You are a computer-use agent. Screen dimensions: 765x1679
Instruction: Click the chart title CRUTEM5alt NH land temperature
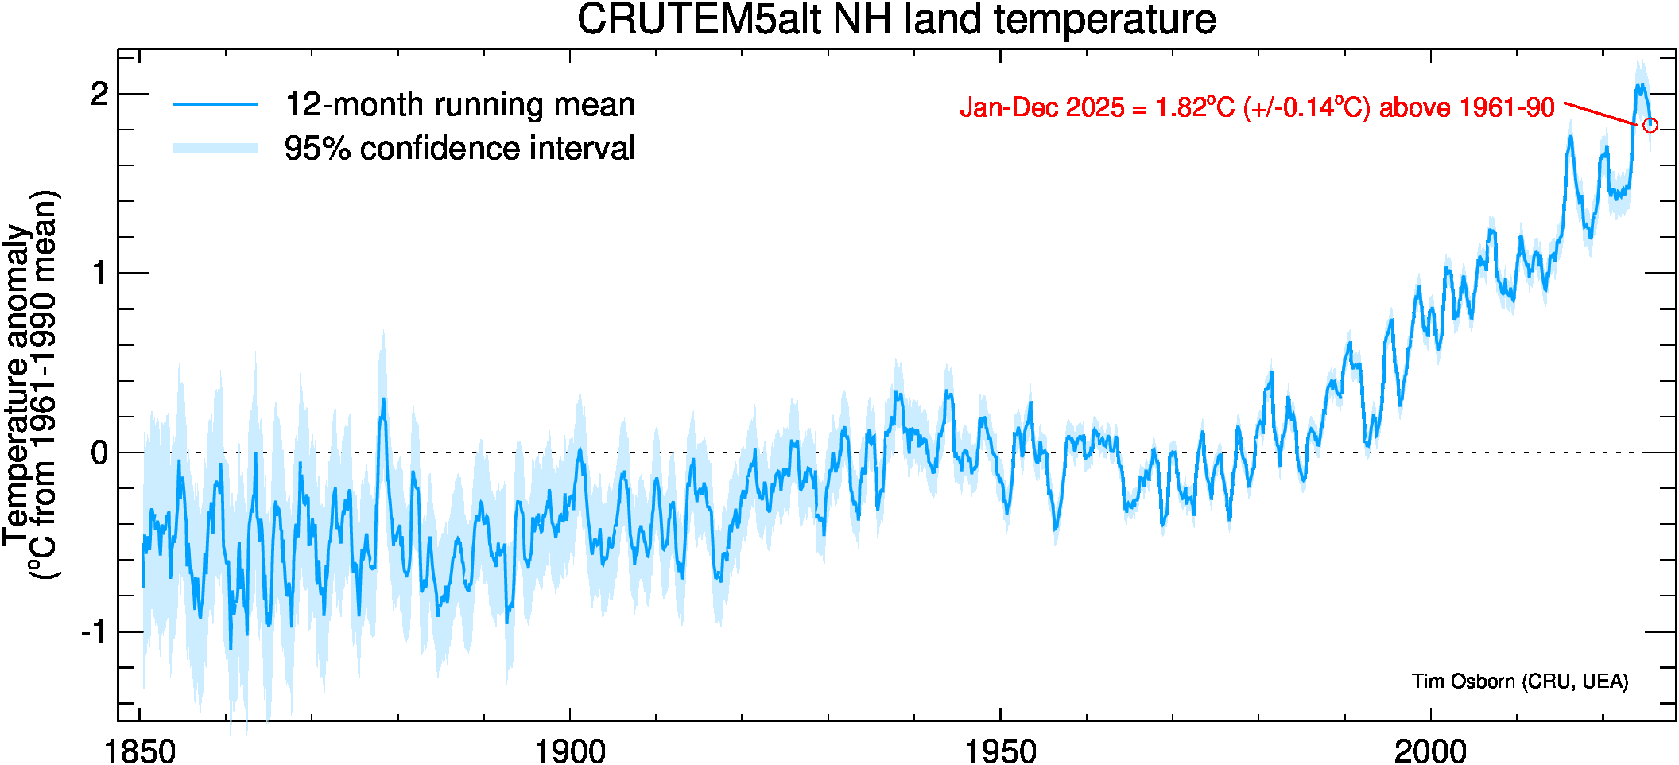(896, 20)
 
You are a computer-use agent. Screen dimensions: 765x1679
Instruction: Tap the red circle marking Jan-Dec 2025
(1650, 125)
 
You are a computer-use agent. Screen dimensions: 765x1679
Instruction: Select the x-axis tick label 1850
(140, 750)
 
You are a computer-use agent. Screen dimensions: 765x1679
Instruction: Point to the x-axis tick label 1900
(570, 750)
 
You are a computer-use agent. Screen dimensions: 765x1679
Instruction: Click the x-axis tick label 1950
(1000, 750)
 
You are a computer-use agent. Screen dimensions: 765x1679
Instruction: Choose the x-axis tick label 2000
(1430, 750)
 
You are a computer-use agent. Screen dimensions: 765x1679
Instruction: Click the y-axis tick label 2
(99, 95)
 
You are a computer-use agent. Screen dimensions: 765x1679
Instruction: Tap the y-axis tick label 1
(99, 274)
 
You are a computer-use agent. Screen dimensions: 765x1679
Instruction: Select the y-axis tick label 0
(99, 453)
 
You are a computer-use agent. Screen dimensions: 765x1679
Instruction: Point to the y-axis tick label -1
(94, 632)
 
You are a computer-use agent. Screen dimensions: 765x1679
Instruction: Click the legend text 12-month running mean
(459, 105)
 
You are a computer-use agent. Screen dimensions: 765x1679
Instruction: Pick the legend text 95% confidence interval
(459, 149)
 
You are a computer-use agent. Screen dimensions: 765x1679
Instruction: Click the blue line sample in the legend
(215, 104)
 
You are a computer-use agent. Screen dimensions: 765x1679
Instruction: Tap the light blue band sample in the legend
(215, 148)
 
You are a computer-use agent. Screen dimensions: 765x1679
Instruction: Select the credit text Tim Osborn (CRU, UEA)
(1519, 682)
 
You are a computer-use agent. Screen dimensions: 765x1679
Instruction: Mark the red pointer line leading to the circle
(1600, 113)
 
